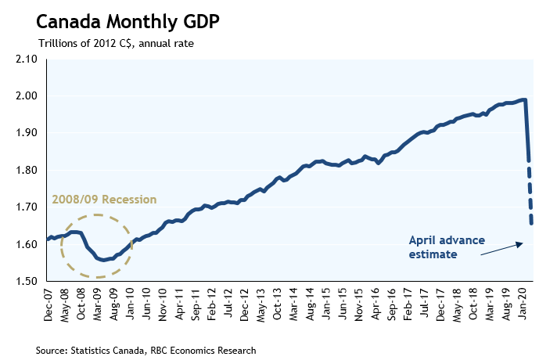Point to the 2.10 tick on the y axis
(27, 59)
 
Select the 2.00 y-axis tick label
(27, 96)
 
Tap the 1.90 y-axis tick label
(27, 133)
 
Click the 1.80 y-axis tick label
(27, 171)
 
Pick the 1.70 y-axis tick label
(27, 207)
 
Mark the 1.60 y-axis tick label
(27, 244)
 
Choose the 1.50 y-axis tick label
(27, 281)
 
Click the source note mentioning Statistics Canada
(146, 349)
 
